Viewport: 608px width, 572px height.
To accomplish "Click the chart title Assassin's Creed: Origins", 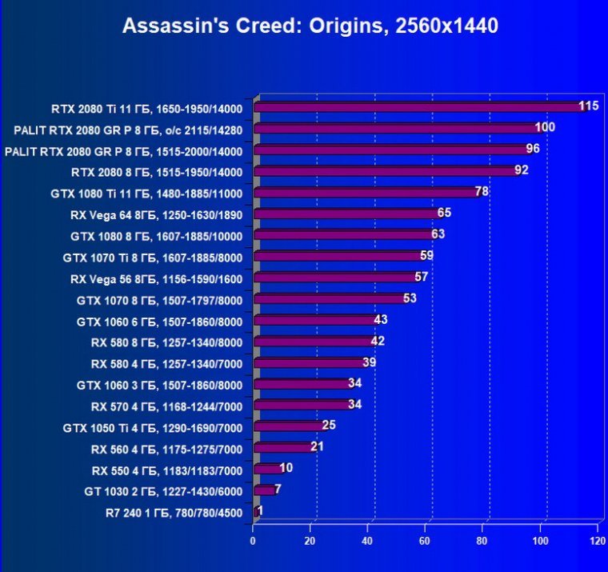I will (x=310, y=26).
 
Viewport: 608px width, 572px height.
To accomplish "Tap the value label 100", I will (x=545, y=127).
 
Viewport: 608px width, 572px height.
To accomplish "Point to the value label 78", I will (x=482, y=191).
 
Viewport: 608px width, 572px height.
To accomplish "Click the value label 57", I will (x=422, y=277).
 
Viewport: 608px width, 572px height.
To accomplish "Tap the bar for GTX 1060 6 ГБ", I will (x=315, y=321).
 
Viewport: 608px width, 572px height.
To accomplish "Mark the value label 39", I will (x=370, y=362).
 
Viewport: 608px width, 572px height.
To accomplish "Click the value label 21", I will (x=317, y=446).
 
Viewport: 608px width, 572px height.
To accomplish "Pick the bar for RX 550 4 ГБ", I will (x=268, y=470).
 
